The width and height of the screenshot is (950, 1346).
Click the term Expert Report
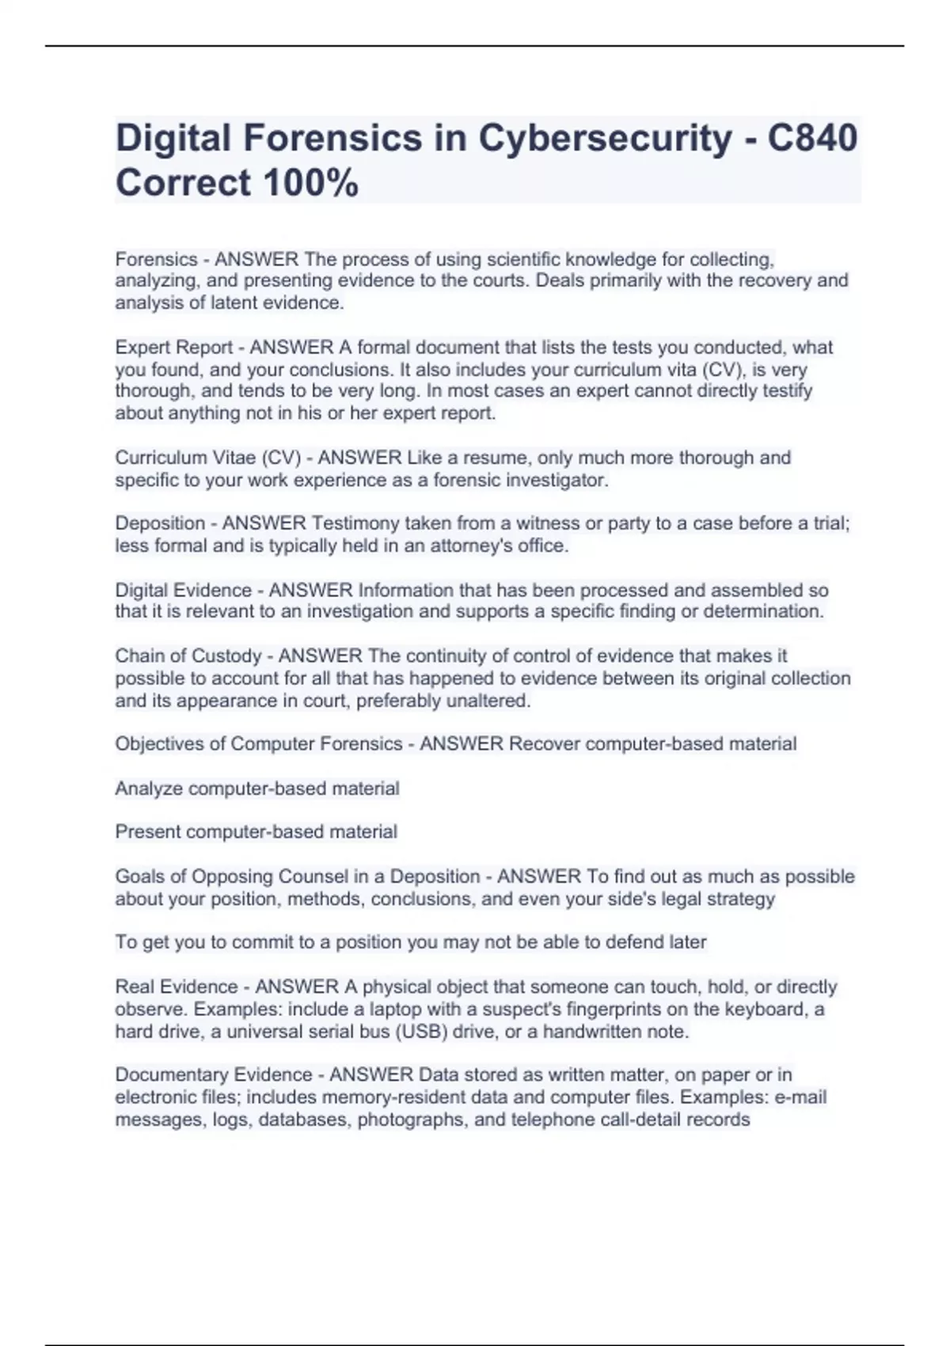tap(174, 348)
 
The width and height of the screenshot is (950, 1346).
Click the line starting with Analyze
tap(257, 789)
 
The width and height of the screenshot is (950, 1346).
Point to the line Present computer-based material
tap(256, 832)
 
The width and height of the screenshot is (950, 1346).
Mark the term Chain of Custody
tap(188, 656)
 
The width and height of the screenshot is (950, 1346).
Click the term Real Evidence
tap(177, 987)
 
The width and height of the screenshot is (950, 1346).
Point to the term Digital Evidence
tap(184, 591)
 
